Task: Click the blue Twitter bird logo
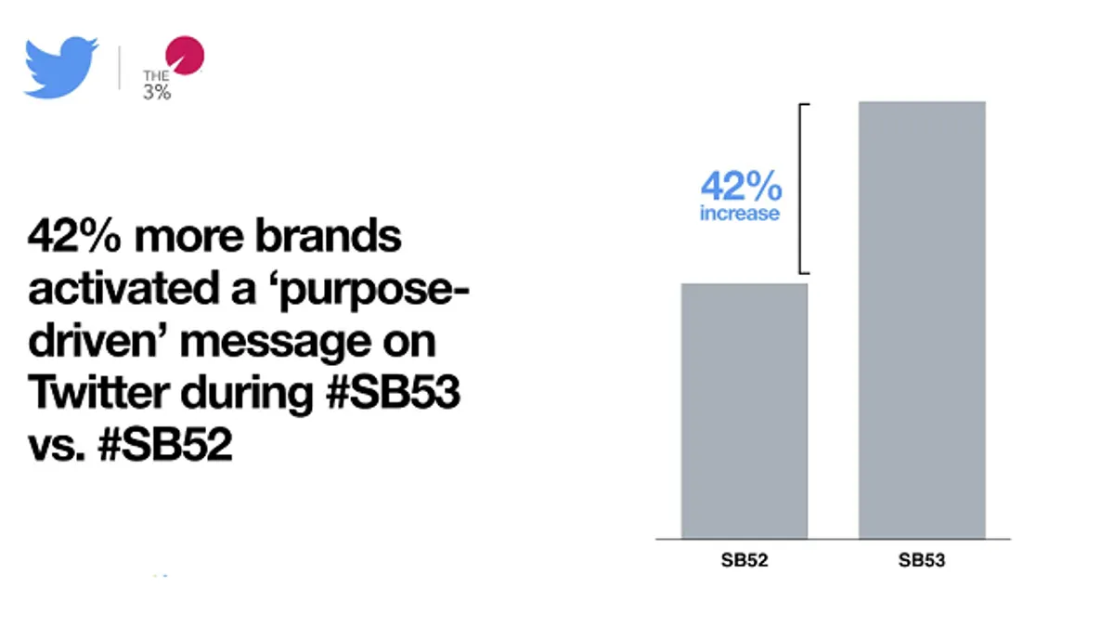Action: click(x=60, y=67)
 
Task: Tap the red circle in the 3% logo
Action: click(x=185, y=55)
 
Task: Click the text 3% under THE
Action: click(x=157, y=92)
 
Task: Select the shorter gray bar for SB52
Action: click(x=745, y=411)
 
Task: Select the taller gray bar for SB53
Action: click(x=922, y=320)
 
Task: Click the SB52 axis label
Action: click(x=745, y=560)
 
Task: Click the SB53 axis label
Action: click(x=922, y=560)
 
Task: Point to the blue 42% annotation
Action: click(x=741, y=186)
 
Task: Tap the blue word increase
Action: click(x=740, y=214)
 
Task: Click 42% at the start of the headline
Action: click(x=74, y=235)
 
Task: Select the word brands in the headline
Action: click(x=328, y=235)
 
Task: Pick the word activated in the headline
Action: click(x=123, y=288)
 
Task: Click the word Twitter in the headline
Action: click(x=98, y=392)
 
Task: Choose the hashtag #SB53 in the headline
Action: click(x=393, y=392)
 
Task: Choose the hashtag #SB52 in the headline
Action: click(x=165, y=444)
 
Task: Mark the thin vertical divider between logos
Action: click(x=120, y=68)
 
